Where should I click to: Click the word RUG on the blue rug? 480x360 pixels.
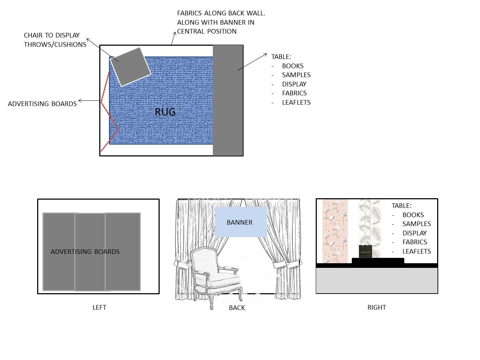tap(165, 112)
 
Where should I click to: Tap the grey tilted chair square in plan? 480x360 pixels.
tap(130, 66)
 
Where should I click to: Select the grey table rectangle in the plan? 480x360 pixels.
tap(228, 100)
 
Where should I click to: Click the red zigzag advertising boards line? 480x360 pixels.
tap(110, 116)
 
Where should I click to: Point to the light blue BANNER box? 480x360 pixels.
tap(241, 222)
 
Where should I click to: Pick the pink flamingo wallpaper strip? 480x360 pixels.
tap(335, 231)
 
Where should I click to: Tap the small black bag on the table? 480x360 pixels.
tap(365, 251)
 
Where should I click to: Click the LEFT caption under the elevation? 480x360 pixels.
tap(99, 307)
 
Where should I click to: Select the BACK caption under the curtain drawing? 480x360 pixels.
tap(237, 307)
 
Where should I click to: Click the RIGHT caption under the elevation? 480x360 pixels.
tap(376, 307)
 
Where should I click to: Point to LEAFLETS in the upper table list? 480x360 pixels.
tap(296, 102)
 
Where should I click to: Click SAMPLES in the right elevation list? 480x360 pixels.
tap(416, 224)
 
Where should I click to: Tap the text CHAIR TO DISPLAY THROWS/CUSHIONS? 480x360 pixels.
tap(55, 40)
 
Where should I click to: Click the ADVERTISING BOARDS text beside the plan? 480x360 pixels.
tap(42, 104)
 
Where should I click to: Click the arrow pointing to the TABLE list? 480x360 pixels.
tap(252, 62)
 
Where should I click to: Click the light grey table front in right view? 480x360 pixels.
tap(377, 280)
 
